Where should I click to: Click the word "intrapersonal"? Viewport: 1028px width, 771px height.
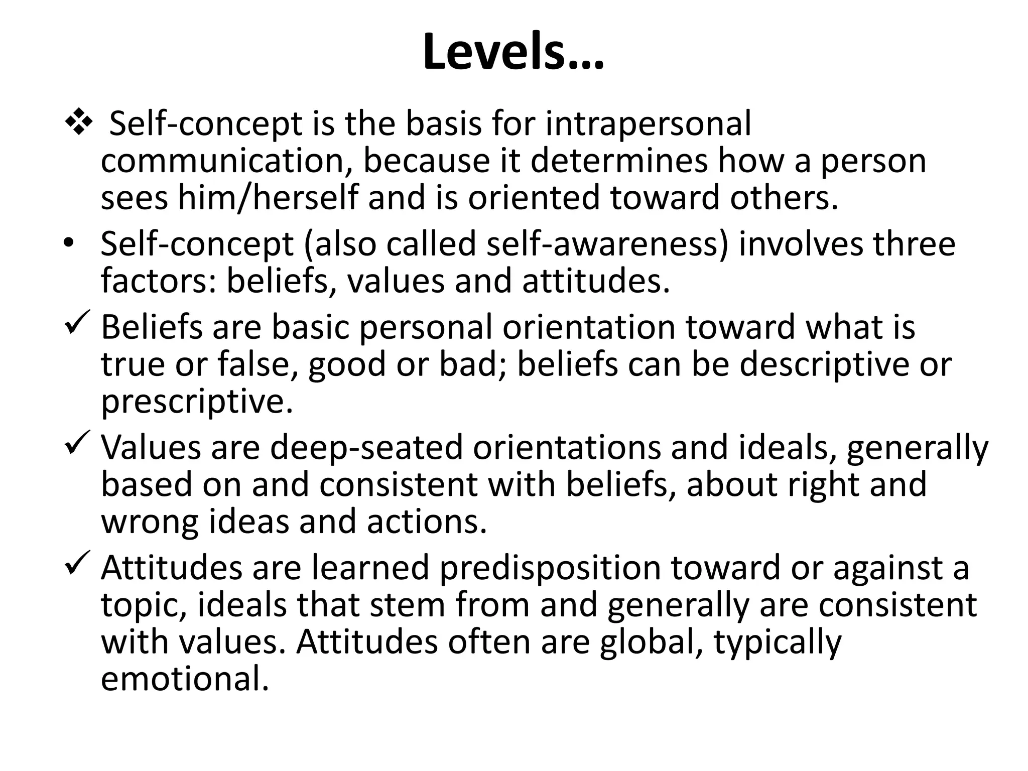[x=648, y=123]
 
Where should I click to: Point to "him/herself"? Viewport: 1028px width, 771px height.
[x=268, y=197]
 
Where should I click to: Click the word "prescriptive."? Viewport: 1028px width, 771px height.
[x=197, y=402]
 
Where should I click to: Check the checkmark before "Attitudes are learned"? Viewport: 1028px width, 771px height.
[x=77, y=562]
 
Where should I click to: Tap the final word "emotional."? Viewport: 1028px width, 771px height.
[x=185, y=679]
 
